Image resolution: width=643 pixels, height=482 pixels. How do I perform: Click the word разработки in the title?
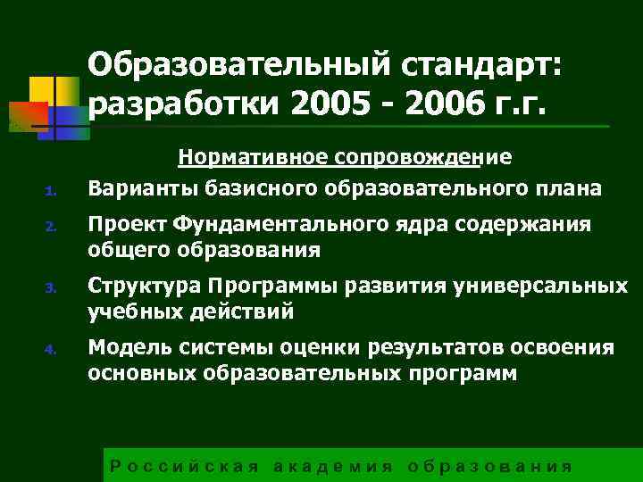(x=184, y=105)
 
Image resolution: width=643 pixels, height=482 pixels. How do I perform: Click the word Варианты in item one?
(x=135, y=188)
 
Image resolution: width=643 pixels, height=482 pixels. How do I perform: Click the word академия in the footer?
(x=332, y=467)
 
